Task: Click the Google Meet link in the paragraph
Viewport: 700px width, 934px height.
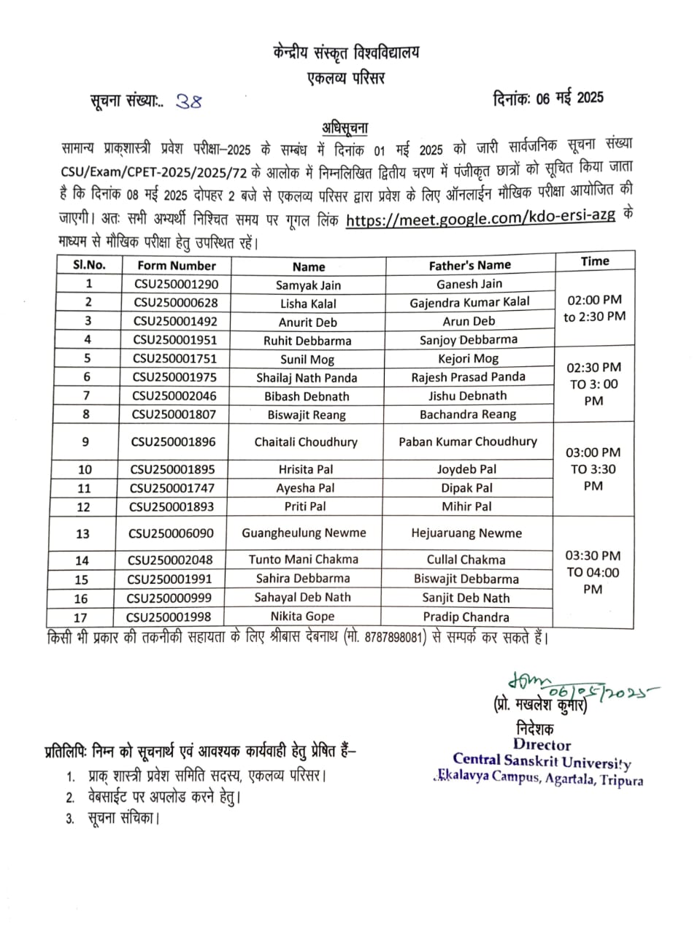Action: tap(480, 217)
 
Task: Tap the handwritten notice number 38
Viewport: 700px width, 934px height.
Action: tap(188, 102)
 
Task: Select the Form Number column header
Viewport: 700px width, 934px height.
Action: tap(176, 266)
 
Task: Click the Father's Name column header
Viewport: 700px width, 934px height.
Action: tap(469, 266)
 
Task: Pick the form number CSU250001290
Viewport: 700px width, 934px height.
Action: tap(176, 285)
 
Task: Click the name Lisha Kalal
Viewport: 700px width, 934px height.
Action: tap(309, 304)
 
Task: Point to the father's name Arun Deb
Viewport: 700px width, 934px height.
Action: tap(469, 321)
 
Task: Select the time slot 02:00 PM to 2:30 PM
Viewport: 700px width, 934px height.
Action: tap(594, 308)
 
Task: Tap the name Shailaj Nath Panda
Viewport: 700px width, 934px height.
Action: tap(307, 378)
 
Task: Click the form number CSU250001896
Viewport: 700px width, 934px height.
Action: tap(173, 441)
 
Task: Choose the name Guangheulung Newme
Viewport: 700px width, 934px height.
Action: tap(304, 533)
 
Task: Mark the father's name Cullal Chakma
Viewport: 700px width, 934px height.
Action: tap(466, 560)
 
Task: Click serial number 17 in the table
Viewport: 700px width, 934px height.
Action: tap(80, 617)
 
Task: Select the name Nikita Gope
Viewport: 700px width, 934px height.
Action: tap(302, 617)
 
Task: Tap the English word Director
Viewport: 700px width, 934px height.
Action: tap(541, 745)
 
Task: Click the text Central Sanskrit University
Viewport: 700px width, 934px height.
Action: tap(542, 760)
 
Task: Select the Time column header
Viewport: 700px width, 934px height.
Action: tap(595, 261)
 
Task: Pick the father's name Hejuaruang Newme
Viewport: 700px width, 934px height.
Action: tap(466, 533)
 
